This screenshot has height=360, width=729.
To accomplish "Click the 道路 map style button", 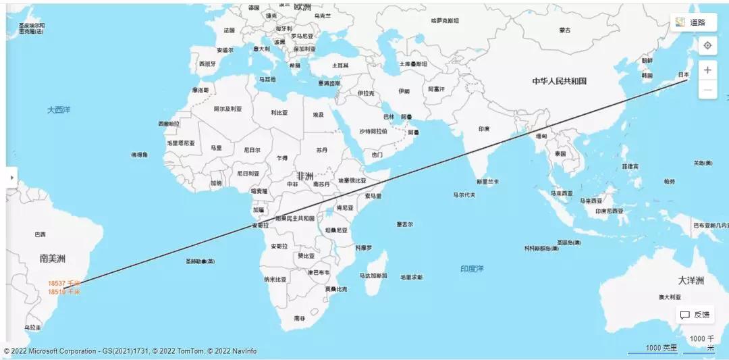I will pos(693,22).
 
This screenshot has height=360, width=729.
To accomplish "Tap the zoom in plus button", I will pos(707,70).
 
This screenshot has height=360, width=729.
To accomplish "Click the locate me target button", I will pos(707,45).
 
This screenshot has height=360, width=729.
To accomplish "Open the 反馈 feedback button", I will pos(695,315).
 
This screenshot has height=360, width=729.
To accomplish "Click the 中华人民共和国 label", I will pos(559,81).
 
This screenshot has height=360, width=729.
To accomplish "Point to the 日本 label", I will pos(683,75).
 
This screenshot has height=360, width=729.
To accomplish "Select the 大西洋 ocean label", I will pos(59,109).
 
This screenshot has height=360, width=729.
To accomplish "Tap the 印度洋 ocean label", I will pos(472,269).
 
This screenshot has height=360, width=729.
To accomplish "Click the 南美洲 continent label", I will pos(52,258).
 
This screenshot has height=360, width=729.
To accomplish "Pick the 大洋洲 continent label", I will pos(691,280).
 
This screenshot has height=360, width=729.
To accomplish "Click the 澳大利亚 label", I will pos(670,297).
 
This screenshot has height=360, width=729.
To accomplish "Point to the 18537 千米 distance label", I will pos(63,284).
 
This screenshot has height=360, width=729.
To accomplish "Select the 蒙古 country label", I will pos(564,30).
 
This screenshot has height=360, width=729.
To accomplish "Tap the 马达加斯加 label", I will pos(373,276).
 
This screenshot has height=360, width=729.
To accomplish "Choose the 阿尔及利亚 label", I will pos(227,108).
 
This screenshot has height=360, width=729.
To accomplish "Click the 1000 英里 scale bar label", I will pos(661,348).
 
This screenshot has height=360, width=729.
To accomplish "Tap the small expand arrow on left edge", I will pos(11,177).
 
